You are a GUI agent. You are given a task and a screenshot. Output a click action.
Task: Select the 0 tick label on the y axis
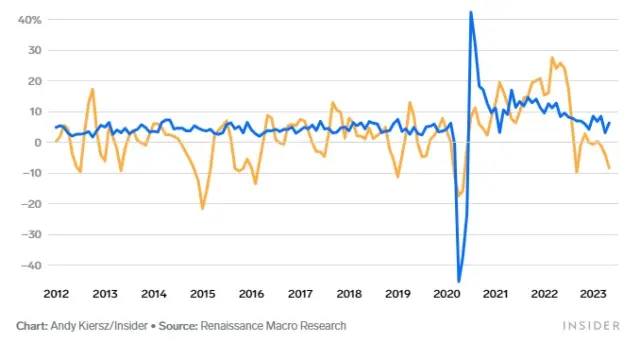[x=35, y=143]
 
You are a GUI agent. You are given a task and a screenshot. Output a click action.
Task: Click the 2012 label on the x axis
[x=56, y=294]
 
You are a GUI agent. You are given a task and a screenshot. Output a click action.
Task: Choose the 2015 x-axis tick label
[x=202, y=294]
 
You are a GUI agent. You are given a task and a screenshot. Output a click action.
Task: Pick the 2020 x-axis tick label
[x=447, y=294]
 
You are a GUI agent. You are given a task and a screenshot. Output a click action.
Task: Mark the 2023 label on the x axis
[x=593, y=294]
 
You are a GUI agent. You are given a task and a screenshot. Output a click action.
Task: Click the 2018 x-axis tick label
[x=349, y=294]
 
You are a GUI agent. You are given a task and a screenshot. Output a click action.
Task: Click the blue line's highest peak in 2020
[x=471, y=12]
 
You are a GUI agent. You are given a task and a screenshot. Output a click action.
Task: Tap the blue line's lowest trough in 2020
[x=459, y=281]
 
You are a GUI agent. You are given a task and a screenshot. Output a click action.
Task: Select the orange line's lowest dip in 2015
[x=202, y=208]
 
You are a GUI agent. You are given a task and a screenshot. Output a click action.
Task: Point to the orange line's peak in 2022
[x=552, y=58]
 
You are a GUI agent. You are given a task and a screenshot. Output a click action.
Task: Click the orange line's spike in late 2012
[x=92, y=89]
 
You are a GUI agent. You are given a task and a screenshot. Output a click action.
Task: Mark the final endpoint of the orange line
[x=609, y=168]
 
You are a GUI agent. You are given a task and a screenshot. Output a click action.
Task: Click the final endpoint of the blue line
[x=609, y=123]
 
